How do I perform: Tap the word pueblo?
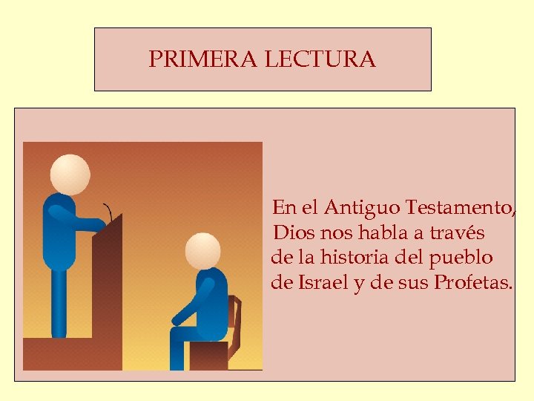(x=461, y=258)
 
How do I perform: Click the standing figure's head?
(x=70, y=175)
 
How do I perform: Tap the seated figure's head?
(x=202, y=250)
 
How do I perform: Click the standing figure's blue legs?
(x=58, y=304)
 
